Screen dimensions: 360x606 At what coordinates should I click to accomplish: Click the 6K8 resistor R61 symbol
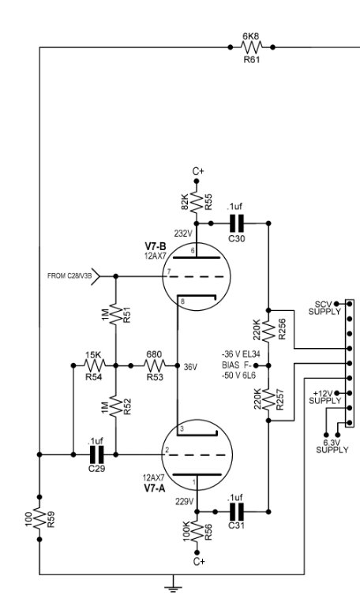(251, 47)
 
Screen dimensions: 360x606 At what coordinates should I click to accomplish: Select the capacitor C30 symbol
(237, 223)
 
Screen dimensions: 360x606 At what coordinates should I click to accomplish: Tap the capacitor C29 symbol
(96, 454)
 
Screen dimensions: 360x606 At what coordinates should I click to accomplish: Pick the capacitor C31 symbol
(237, 511)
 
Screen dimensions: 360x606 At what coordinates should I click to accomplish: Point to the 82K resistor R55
(197, 201)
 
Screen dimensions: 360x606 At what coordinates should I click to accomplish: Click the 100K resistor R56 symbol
(197, 532)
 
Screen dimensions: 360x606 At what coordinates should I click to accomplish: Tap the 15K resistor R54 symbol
(95, 365)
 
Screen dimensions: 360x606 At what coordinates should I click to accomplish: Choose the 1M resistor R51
(115, 314)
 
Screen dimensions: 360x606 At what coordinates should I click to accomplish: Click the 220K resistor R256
(268, 331)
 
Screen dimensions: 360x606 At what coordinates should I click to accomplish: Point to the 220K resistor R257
(268, 399)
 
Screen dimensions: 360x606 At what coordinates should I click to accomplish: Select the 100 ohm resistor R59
(39, 518)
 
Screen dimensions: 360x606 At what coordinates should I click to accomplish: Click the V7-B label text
(156, 246)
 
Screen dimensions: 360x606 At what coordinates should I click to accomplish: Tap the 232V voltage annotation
(183, 234)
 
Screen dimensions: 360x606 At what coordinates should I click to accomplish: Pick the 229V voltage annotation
(184, 502)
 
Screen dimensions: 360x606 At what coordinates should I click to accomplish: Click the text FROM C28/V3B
(69, 276)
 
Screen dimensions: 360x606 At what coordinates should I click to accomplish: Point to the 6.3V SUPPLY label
(332, 446)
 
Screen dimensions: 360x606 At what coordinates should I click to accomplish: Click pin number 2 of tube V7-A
(167, 450)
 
